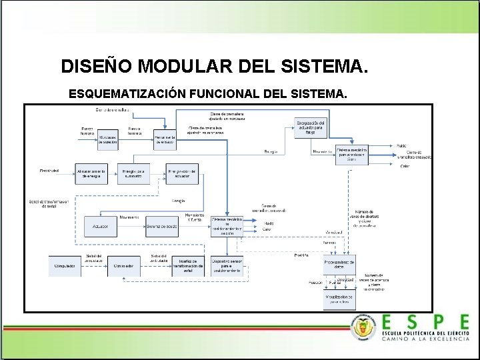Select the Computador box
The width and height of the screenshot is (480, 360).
(65, 266)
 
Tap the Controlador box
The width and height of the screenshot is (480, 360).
(124, 266)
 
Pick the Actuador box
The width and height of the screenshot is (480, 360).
(101, 226)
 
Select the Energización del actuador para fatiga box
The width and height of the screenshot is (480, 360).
(311, 127)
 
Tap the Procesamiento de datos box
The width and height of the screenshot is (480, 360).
(339, 265)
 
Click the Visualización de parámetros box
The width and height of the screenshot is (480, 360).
(339, 299)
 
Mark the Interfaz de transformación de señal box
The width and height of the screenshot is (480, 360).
(188, 266)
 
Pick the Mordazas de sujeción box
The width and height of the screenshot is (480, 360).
(107, 139)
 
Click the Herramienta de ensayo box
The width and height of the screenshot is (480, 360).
(165, 139)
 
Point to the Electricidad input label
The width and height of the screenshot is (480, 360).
(49, 171)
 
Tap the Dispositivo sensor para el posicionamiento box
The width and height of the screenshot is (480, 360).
(227, 266)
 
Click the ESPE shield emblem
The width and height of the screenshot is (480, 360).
(363, 327)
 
